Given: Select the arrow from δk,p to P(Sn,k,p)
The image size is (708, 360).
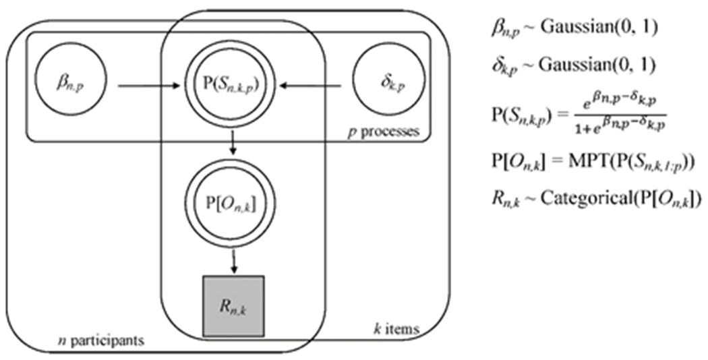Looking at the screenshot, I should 316,86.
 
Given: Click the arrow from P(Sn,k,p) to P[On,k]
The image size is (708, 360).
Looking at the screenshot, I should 232,144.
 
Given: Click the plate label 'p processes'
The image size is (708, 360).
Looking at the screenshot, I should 383,131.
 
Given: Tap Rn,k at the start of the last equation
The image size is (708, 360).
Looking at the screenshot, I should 504,199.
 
